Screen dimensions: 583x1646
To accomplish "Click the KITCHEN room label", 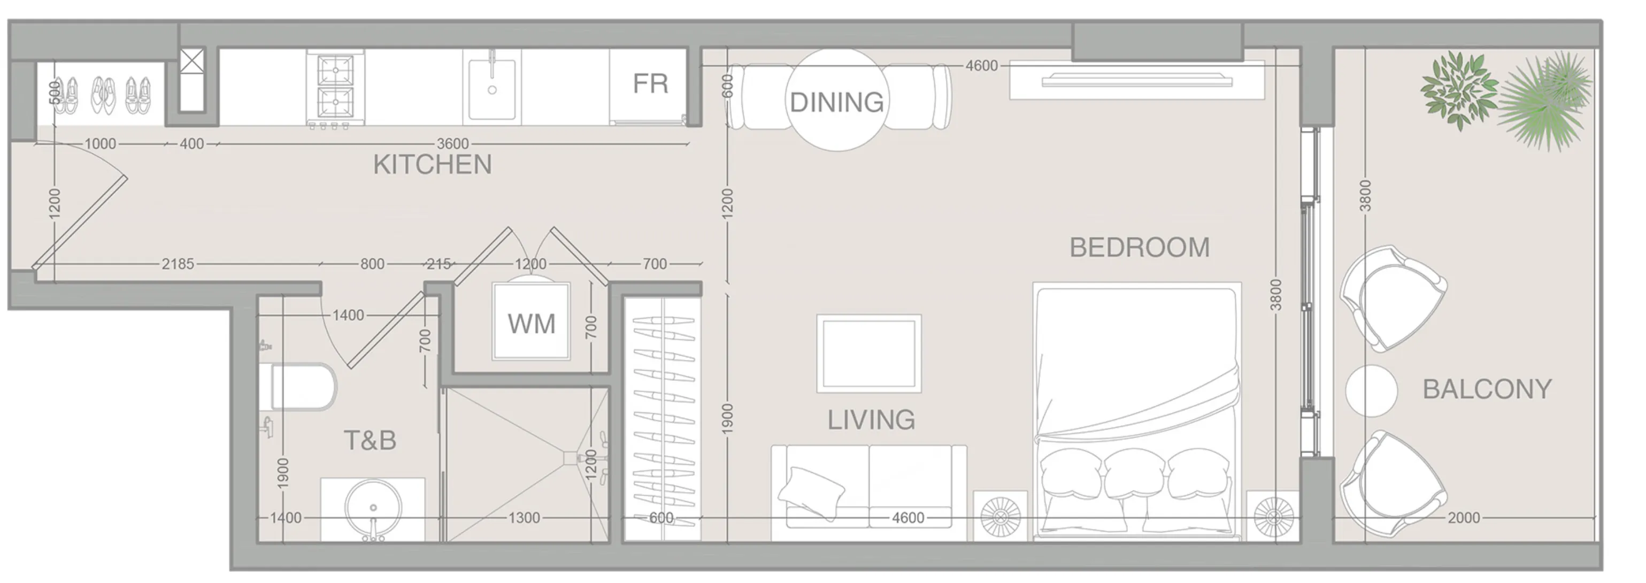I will [432, 165].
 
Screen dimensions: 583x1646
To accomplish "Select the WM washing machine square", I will [531, 324].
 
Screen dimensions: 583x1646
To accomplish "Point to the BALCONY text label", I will [1486, 389].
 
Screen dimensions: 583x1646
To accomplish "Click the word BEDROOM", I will [1139, 248].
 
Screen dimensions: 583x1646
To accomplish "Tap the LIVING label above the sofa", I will [871, 420].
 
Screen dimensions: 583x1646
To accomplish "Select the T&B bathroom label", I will [370, 440].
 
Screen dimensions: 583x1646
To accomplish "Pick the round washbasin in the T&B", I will [373, 508].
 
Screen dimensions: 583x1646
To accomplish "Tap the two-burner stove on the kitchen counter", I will [335, 88].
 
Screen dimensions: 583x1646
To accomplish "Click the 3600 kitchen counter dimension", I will [452, 144].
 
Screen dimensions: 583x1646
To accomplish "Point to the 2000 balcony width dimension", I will [1463, 518].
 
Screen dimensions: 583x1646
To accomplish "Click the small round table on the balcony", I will [1371, 390].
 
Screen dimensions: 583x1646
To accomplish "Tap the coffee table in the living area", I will [868, 354].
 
